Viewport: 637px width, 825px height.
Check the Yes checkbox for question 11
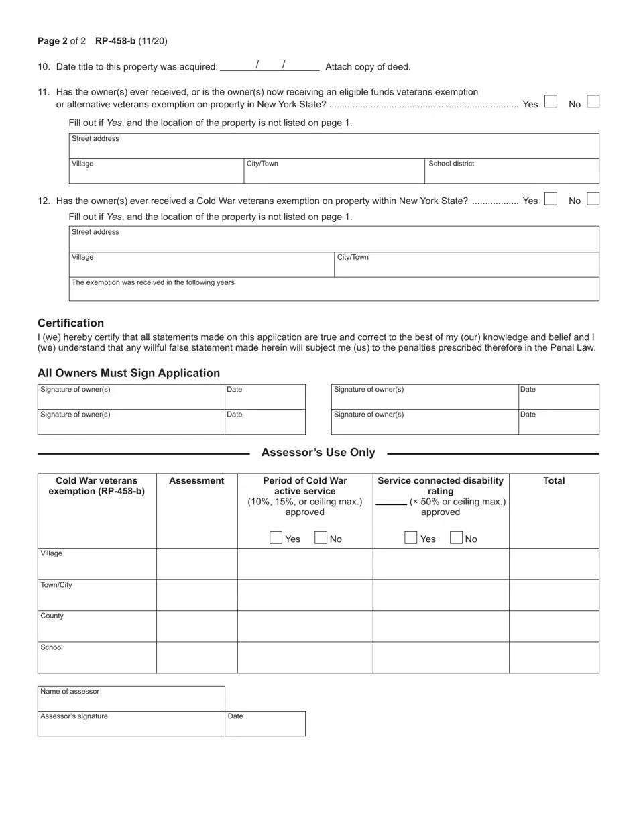[x=551, y=101]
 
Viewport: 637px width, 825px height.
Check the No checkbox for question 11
[x=593, y=101]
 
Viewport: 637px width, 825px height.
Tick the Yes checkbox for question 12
[x=551, y=199]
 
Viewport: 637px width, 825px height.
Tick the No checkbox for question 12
[x=593, y=199]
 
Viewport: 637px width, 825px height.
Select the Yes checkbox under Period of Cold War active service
[x=276, y=537]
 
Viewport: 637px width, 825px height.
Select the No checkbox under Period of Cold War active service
[x=321, y=537]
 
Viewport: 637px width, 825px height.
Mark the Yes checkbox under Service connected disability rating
[x=411, y=537]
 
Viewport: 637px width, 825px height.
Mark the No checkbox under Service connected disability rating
[x=457, y=537]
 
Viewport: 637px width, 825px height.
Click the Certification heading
[x=70, y=323]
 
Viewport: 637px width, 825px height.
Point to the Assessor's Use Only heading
[x=318, y=453]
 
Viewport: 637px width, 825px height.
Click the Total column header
[x=554, y=481]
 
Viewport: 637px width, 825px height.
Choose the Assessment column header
[x=196, y=481]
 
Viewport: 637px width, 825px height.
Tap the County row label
[x=52, y=616]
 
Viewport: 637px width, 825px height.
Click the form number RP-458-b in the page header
[x=115, y=41]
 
